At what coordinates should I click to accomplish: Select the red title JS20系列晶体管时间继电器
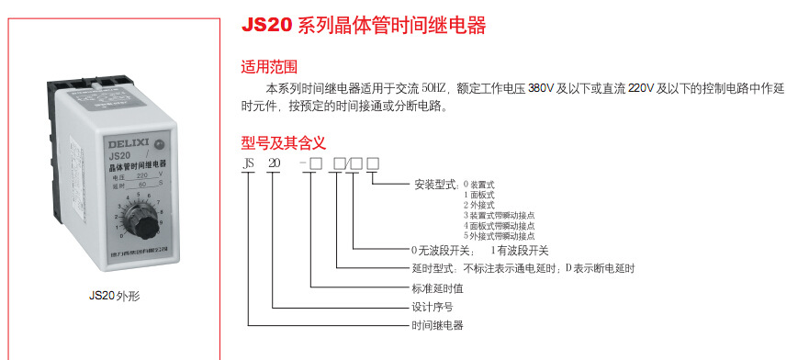point(364,26)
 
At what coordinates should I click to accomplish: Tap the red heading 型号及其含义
point(284,142)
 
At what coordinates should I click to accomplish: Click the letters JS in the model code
point(247,163)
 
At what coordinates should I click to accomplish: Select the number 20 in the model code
point(274,163)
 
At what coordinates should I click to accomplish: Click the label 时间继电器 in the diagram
point(437,326)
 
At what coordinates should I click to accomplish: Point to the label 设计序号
point(432,307)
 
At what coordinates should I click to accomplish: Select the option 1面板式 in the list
point(478,195)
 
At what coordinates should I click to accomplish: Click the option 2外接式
point(478,205)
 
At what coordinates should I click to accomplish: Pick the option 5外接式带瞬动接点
point(499,235)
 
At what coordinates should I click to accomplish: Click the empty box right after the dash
point(315,163)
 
